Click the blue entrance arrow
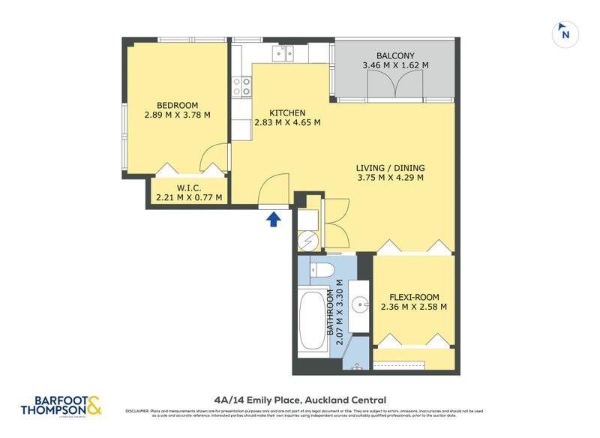pos(274,218)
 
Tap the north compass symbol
pos(565,34)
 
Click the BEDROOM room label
pos(177,105)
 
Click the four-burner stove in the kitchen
pos(242,87)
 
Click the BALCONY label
pos(394,55)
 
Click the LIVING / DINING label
pos(391,167)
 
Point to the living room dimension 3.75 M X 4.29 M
pos(391,178)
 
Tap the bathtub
pos(310,324)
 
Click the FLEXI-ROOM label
pos(413,295)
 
